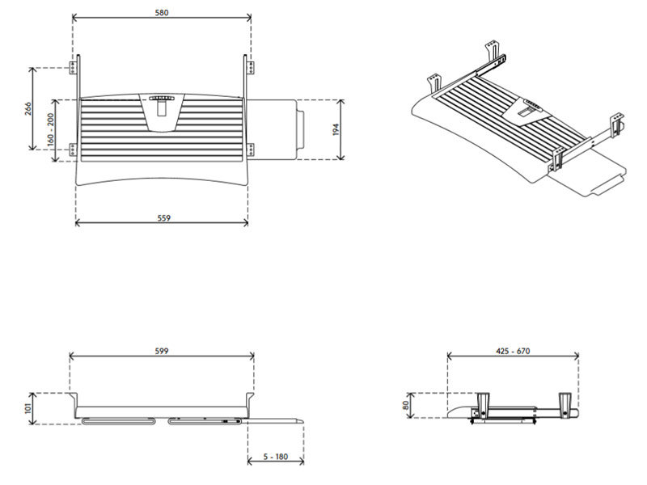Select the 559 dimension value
tap(162, 217)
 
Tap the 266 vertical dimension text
tap(27, 108)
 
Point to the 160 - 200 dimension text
tap(51, 129)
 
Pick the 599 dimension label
tap(162, 351)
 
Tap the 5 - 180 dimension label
tap(275, 457)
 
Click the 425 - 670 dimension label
tap(512, 351)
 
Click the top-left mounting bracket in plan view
tap(74, 65)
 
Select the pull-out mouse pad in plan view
tap(279, 129)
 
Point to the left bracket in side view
tap(485, 403)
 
